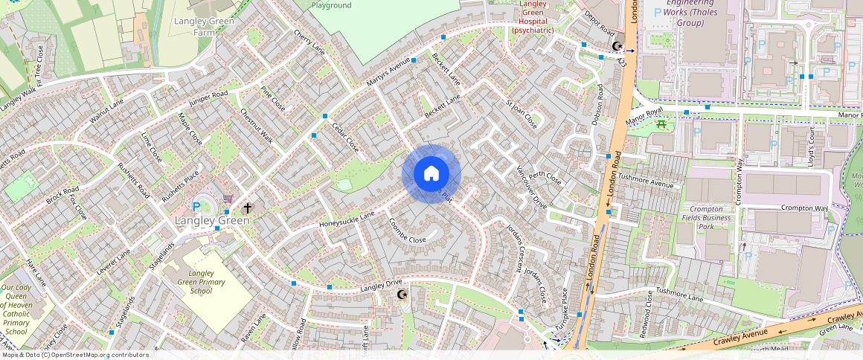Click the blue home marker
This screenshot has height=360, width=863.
coord(431,174)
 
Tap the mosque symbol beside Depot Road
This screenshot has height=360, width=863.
coord(617,46)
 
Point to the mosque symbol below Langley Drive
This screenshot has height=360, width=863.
coord(402,295)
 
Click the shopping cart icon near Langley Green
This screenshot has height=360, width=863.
coord(228,199)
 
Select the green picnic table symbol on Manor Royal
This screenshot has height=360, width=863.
coord(661,125)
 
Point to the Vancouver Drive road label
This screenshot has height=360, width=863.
coord(531,187)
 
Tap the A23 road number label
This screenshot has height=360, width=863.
coord(622,63)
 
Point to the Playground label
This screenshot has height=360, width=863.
coord(332,5)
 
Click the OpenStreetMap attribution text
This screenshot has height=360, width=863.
coord(75,355)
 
